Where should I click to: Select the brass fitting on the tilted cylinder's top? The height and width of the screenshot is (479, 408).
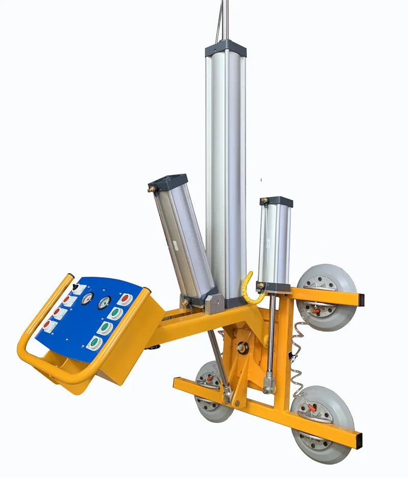[x=151, y=189]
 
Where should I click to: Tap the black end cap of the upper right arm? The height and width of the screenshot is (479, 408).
[x=361, y=300]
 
